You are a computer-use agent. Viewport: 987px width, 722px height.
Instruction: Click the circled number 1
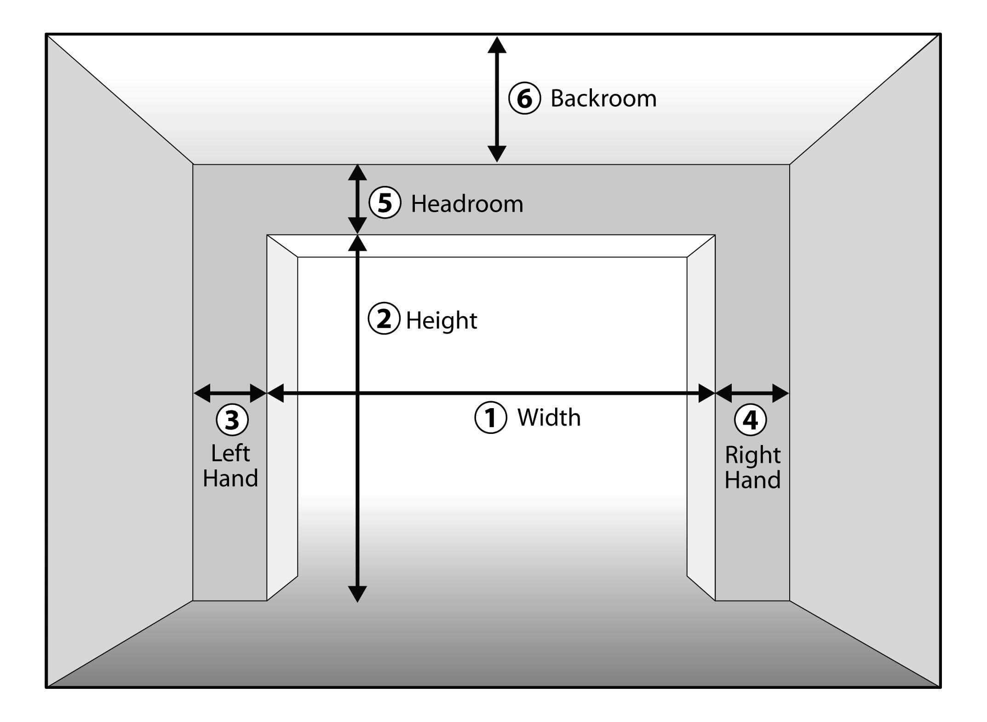(x=490, y=418)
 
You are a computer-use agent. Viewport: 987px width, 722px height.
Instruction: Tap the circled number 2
(x=384, y=318)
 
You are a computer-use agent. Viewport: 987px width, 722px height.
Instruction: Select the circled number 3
(x=232, y=420)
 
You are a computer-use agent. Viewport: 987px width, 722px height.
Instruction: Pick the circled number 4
(x=750, y=420)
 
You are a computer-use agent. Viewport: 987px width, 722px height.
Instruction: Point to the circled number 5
(x=385, y=203)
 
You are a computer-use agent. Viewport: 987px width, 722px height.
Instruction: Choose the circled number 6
(x=524, y=98)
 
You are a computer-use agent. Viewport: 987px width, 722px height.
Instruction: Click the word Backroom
(x=603, y=98)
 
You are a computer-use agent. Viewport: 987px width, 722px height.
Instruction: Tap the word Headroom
(x=467, y=204)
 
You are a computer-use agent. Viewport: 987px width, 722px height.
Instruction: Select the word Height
(x=442, y=321)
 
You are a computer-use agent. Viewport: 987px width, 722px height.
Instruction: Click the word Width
(x=549, y=418)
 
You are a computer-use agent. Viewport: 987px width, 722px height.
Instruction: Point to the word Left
(x=230, y=453)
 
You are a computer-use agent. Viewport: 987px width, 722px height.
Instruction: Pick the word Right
(x=752, y=456)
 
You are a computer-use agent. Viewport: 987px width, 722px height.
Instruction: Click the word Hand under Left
(x=230, y=478)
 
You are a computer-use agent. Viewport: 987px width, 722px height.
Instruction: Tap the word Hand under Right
(x=752, y=480)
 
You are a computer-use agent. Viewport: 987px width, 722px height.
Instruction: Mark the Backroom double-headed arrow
(x=497, y=99)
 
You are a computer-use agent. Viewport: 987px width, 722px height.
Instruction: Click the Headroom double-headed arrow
(x=357, y=199)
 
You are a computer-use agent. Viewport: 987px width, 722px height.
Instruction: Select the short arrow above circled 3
(x=230, y=393)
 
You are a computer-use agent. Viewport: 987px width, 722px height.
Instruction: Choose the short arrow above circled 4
(x=752, y=393)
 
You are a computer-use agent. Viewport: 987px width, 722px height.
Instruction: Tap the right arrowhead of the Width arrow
(x=706, y=393)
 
